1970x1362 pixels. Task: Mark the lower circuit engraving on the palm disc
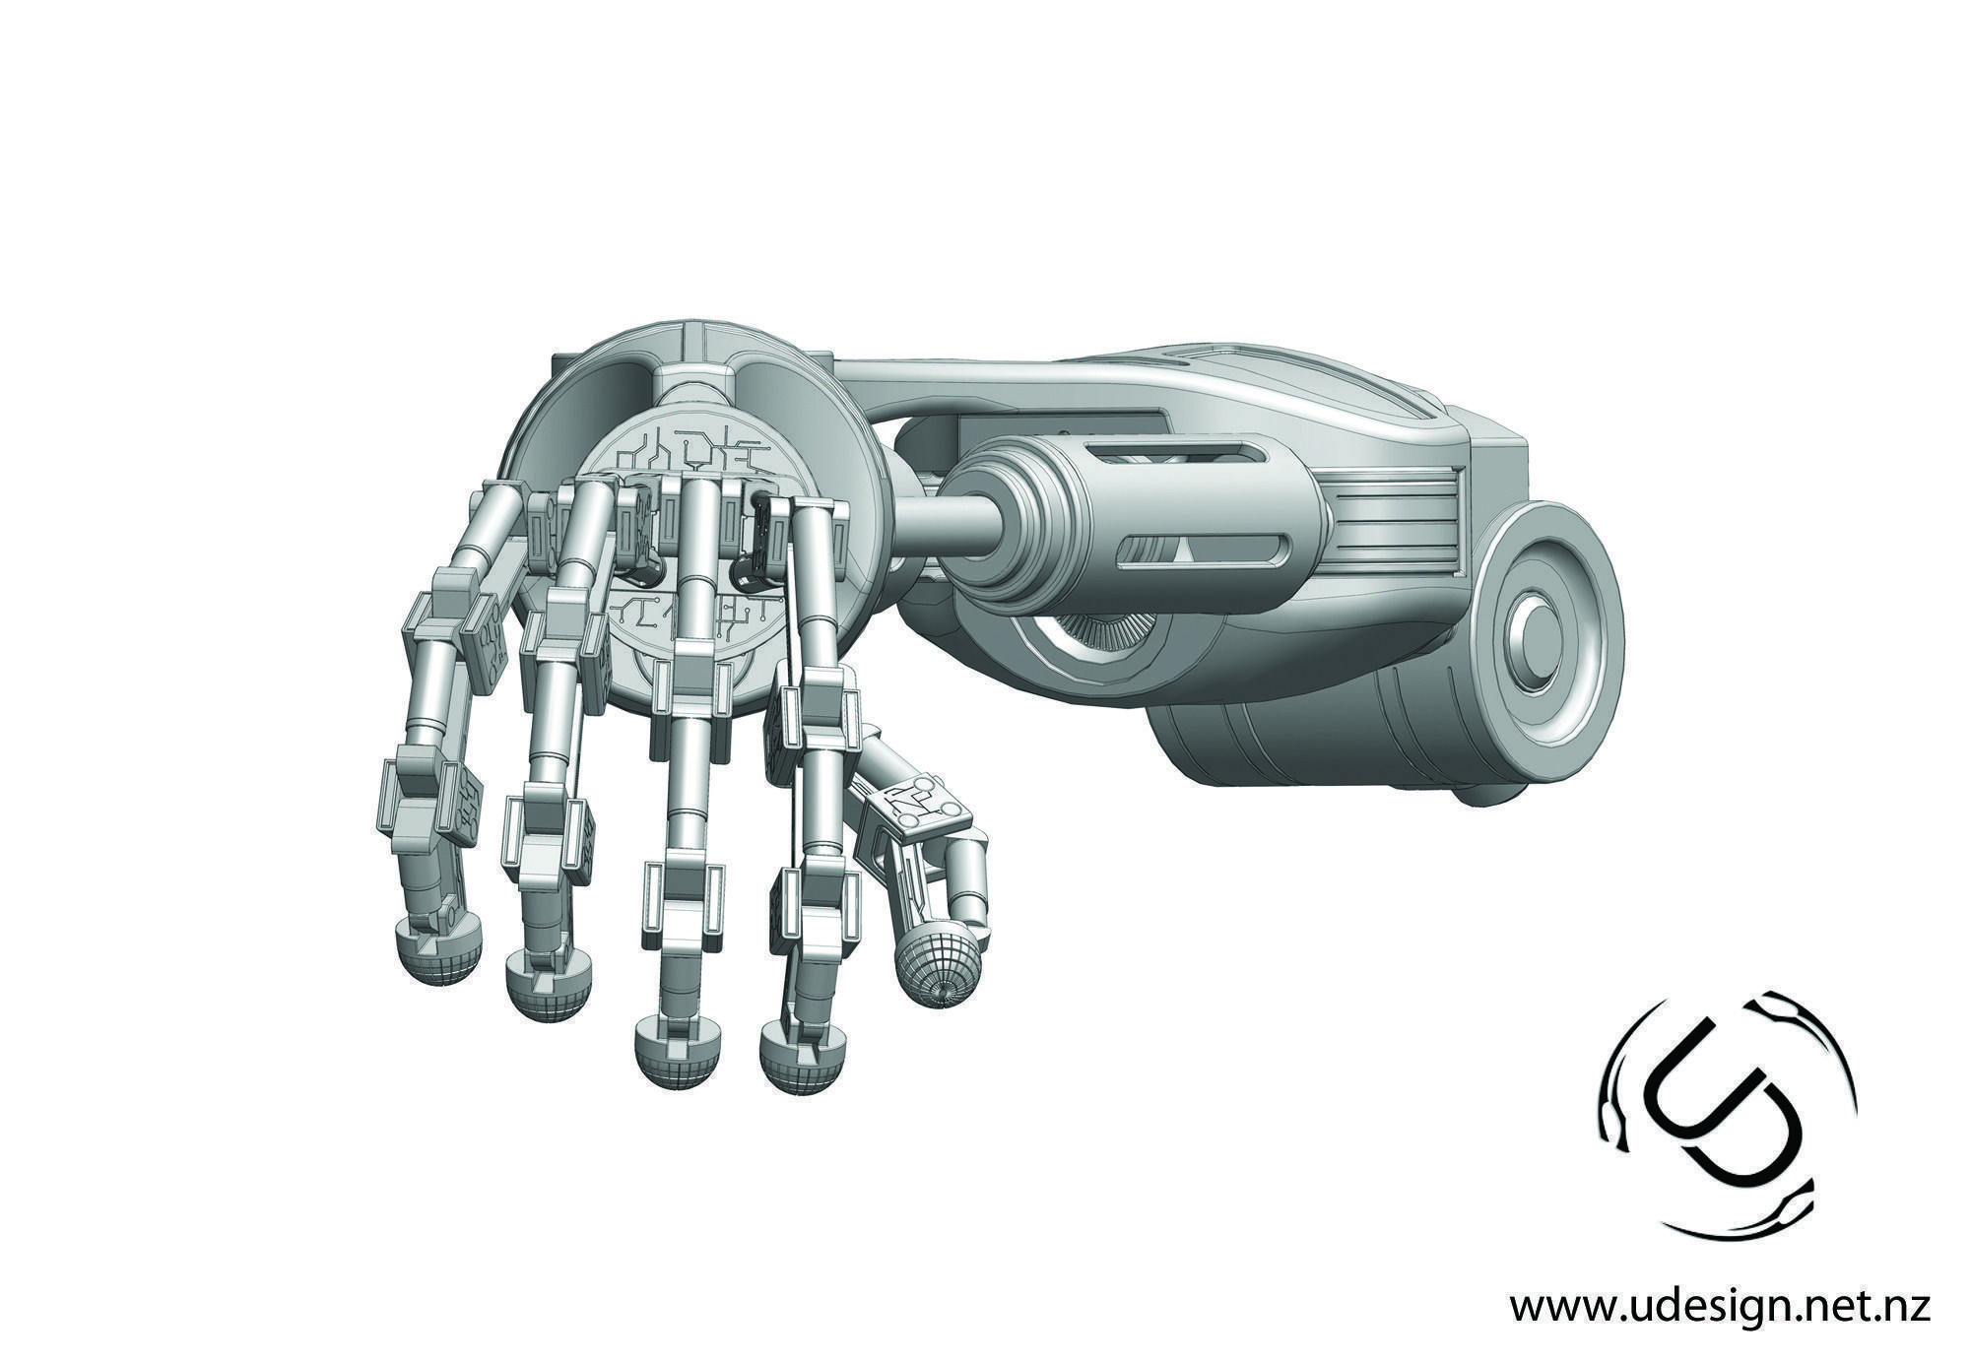(x=689, y=616)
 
